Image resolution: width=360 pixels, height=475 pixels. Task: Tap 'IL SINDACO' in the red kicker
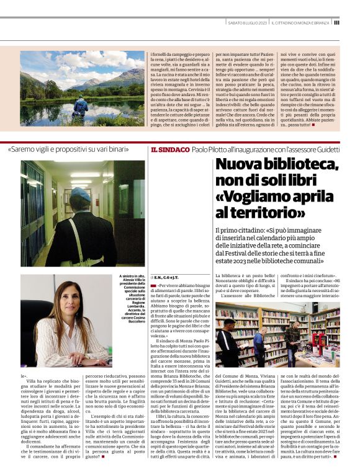pos(168,150)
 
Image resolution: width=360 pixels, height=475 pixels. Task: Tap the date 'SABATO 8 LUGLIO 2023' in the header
pos(246,23)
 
